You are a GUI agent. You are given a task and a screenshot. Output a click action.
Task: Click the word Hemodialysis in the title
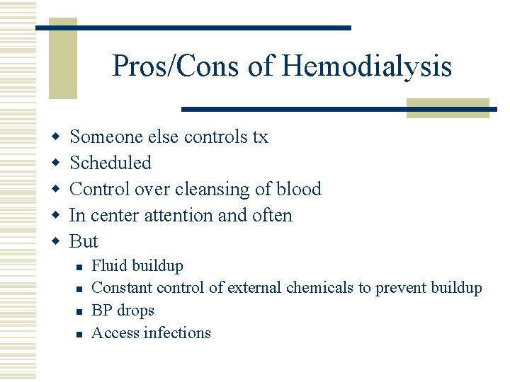pyautogui.click(x=366, y=67)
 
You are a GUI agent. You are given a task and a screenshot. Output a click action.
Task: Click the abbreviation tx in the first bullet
pyautogui.click(x=260, y=137)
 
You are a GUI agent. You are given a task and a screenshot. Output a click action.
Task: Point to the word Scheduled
pyautogui.click(x=110, y=163)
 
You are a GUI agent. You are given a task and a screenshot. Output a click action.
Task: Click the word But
pyautogui.click(x=84, y=241)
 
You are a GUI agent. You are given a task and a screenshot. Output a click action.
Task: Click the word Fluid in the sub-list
pyautogui.click(x=108, y=266)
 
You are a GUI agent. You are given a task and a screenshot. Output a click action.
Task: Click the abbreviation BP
pyautogui.click(x=103, y=311)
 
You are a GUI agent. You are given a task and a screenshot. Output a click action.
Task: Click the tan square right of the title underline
pyautogui.click(x=448, y=108)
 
